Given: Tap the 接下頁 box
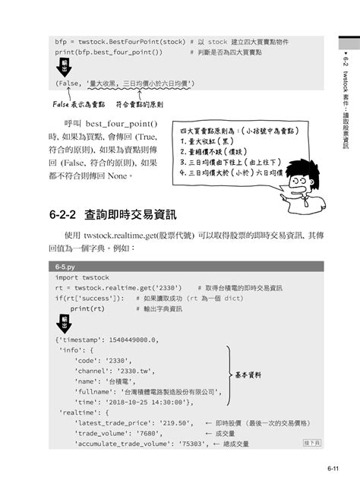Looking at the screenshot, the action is [312, 441].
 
